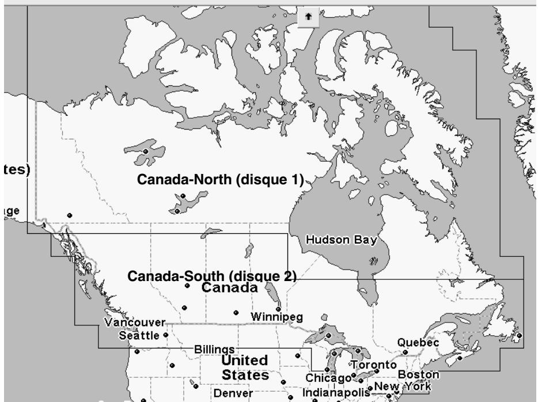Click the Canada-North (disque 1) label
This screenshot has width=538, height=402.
(220, 179)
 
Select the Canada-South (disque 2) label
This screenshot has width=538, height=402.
(211, 276)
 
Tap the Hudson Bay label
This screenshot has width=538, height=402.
(341, 240)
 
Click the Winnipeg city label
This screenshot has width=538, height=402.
(276, 317)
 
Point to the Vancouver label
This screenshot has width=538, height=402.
(135, 322)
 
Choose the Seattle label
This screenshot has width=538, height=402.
(140, 335)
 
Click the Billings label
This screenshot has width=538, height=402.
(214, 350)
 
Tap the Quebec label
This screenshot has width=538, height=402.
(418, 343)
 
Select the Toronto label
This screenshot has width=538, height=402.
(374, 365)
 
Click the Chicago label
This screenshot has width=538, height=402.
(328, 378)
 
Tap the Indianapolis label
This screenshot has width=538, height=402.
(335, 393)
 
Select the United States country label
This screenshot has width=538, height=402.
(245, 367)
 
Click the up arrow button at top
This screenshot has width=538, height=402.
(308, 17)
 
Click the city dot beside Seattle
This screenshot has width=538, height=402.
(166, 335)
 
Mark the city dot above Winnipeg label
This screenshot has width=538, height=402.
(278, 309)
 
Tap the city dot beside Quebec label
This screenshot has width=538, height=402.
(405, 352)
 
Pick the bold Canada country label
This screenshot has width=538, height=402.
(229, 287)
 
